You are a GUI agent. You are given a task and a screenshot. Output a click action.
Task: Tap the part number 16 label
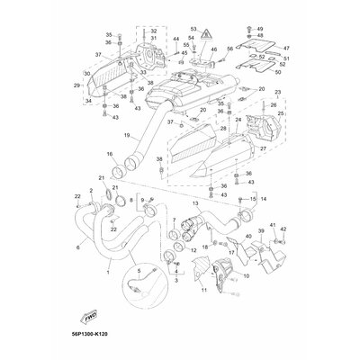click(110, 154)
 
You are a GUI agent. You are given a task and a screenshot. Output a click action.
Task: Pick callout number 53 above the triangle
click(193, 30)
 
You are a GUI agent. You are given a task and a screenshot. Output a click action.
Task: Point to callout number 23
click(276, 93)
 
